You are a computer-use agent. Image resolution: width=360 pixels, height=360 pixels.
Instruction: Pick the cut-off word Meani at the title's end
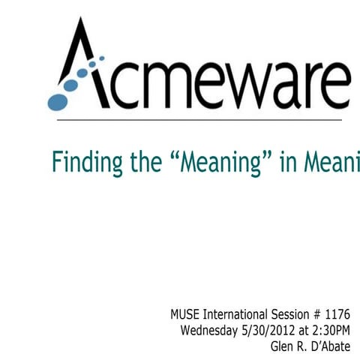pos(331,163)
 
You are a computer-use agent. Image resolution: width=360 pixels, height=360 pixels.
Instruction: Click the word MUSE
pos(186,313)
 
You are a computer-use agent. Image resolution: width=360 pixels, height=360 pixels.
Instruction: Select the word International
pos(239,313)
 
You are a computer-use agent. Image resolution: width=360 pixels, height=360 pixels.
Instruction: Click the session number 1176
pos(338,313)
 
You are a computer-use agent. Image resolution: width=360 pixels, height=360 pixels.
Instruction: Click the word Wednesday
pos(212,329)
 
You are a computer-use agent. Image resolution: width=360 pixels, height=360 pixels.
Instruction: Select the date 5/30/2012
pos(272,329)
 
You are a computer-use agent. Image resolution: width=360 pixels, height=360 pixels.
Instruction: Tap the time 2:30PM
pos(331,329)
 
